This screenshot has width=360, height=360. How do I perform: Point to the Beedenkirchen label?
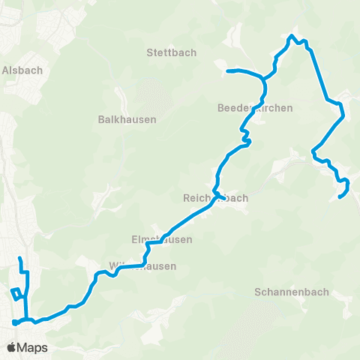254,108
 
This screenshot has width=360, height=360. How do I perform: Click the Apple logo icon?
11,347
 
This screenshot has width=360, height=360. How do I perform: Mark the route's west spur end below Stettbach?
227,71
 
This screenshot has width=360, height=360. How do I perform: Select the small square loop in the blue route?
16,294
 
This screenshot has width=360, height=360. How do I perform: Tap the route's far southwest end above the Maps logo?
14,323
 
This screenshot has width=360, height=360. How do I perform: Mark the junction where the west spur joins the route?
262,77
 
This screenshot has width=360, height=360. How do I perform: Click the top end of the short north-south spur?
20,259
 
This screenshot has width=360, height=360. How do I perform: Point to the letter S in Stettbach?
150,53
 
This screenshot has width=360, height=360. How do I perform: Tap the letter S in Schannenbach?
258,292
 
